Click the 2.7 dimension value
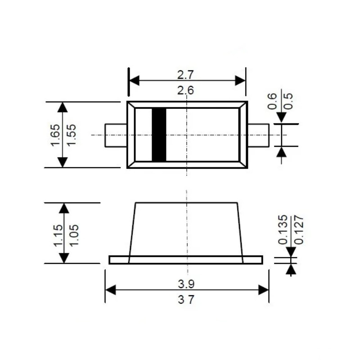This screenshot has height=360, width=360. point(185,75)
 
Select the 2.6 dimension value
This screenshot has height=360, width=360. point(185,90)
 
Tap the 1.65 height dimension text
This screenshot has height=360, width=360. point(55,135)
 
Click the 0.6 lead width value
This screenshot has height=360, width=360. point(272,101)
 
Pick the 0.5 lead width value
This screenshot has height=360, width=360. point(288,101)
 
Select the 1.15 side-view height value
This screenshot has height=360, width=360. point(58,235)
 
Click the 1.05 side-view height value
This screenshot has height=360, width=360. point(74,235)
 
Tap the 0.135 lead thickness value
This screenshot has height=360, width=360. point(283,229)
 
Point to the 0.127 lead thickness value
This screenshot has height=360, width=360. point(299,229)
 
